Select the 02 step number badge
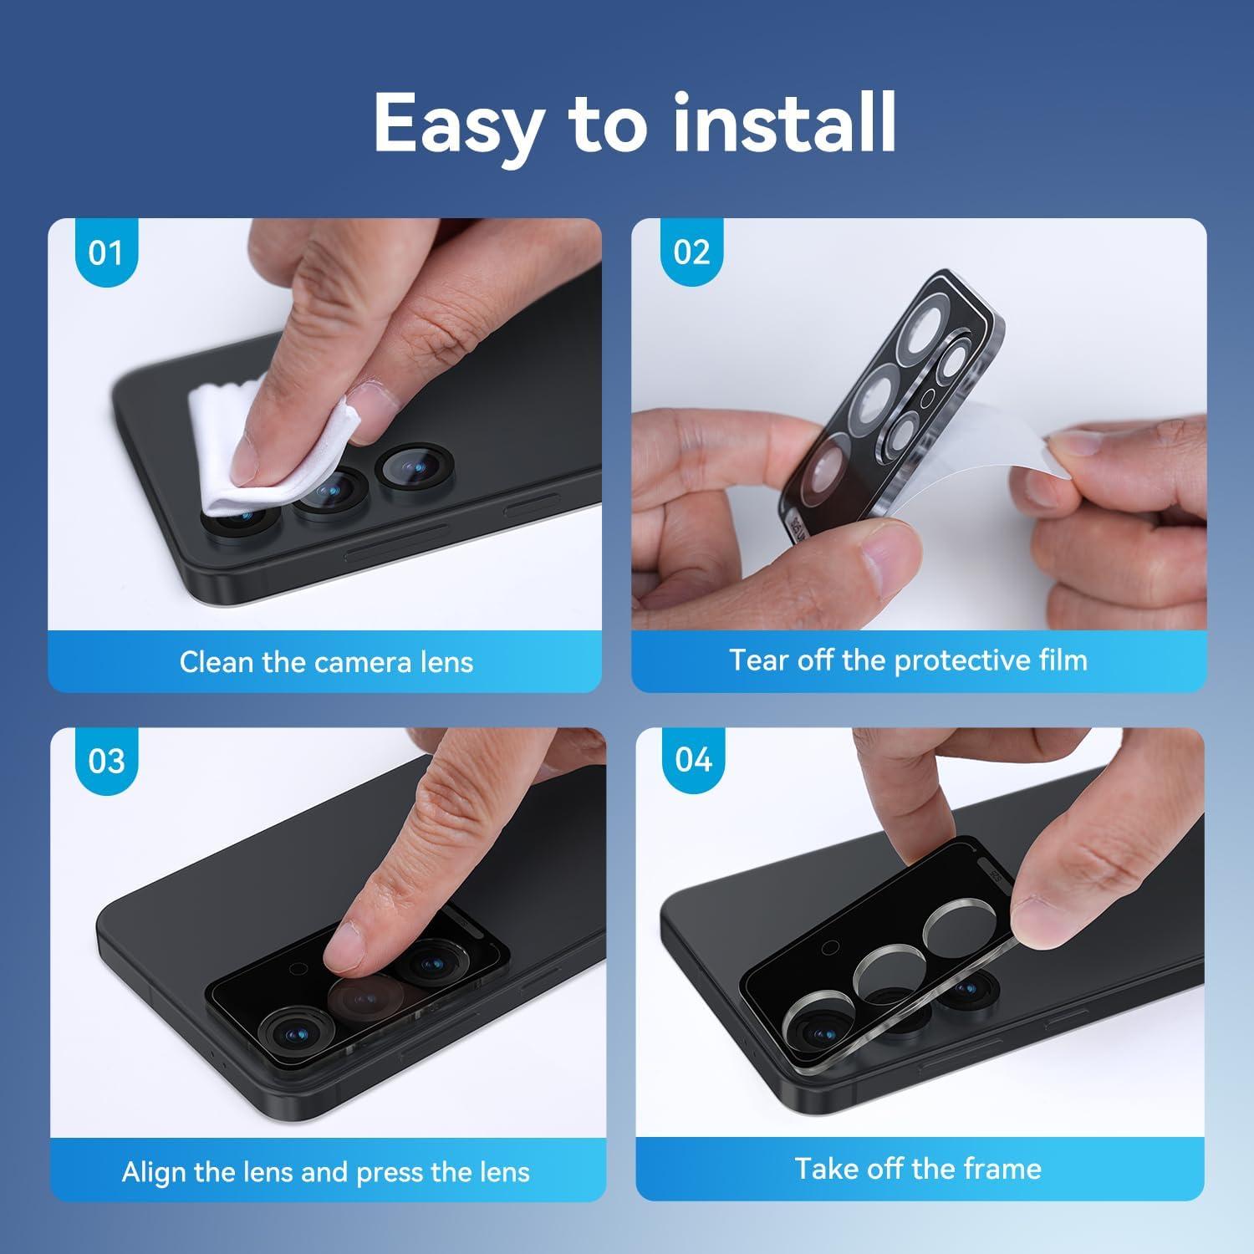691,252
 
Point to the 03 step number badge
106,761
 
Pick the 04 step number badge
694,760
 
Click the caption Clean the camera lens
326,662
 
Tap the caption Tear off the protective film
909,660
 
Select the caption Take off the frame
918,1168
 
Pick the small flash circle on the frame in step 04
830,947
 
